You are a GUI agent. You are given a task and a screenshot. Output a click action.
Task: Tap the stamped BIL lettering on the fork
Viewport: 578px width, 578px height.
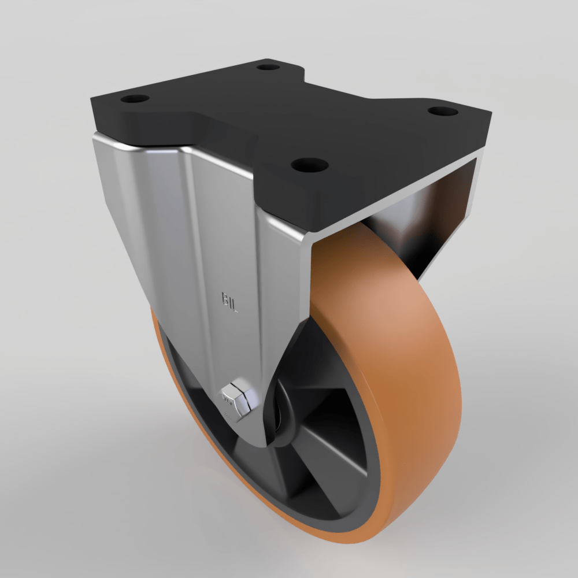pos(229,302)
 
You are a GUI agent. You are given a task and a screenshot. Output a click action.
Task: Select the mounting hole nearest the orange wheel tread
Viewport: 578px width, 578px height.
pos(309,165)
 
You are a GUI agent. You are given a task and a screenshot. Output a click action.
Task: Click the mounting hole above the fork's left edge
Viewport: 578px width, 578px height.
pos(135,99)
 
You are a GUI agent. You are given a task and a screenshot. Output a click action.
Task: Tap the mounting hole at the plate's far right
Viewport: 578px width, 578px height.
pos(443,110)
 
